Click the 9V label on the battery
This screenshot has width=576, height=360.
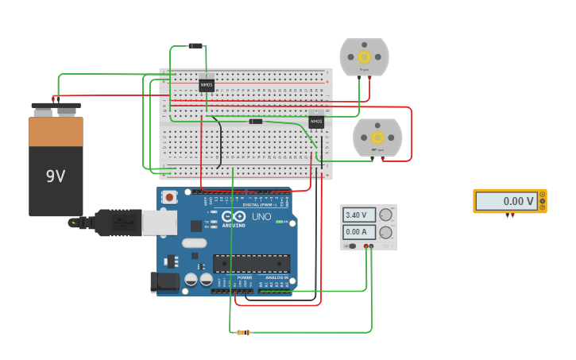coord(56,176)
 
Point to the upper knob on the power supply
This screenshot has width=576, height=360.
coord(385,215)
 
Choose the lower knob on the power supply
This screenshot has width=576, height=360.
coord(385,233)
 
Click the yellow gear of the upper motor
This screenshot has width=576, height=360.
coord(365,56)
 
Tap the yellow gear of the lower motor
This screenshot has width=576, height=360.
coord(377,137)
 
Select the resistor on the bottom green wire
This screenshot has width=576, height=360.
coord(244,332)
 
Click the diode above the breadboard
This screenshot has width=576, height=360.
coord(195,45)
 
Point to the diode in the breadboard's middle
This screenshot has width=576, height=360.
coord(256,121)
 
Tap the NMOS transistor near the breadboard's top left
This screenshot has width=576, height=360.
coord(207,84)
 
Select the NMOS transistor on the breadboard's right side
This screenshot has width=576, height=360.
coord(316,122)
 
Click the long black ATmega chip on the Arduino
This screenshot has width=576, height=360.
coord(251,263)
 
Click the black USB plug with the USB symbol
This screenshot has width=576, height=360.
coord(116,223)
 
